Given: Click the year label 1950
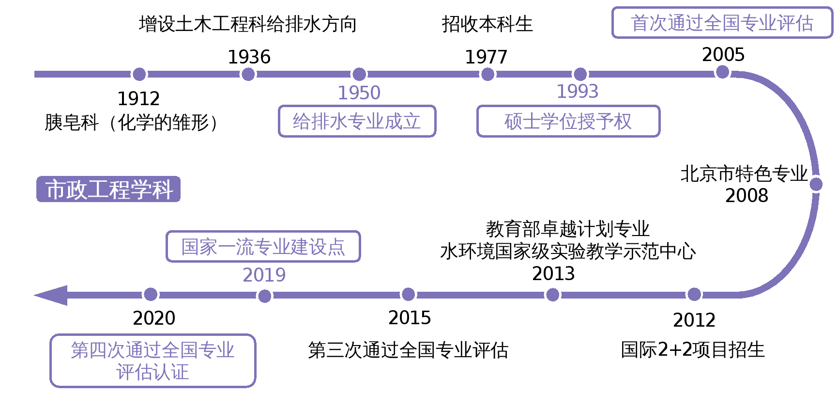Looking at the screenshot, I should [x=359, y=93].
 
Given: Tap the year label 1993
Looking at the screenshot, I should [x=577, y=92].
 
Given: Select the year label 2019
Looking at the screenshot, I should [x=264, y=275].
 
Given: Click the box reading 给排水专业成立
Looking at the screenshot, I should [x=357, y=121].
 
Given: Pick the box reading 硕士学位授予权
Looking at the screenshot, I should [x=568, y=121].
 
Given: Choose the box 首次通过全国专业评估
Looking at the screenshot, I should [x=722, y=23].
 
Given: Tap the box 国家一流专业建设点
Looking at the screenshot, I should [x=263, y=247].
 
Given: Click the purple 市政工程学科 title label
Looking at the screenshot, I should [x=108, y=189].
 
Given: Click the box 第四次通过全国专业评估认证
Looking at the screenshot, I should [x=152, y=361].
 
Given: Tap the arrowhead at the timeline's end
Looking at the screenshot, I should [x=51, y=295].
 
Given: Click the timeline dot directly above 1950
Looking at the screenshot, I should [x=359, y=74].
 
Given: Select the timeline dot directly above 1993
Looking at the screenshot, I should [x=580, y=74].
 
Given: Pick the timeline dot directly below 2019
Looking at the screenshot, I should [x=264, y=296].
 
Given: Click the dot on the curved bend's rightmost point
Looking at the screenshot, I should [x=816, y=184].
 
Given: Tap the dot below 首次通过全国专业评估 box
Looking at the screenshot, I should [x=722, y=72].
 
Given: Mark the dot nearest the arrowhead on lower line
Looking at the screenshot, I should [x=151, y=294].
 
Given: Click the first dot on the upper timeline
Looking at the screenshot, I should [x=139, y=74].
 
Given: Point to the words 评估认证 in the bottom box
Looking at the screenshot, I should [x=152, y=373].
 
